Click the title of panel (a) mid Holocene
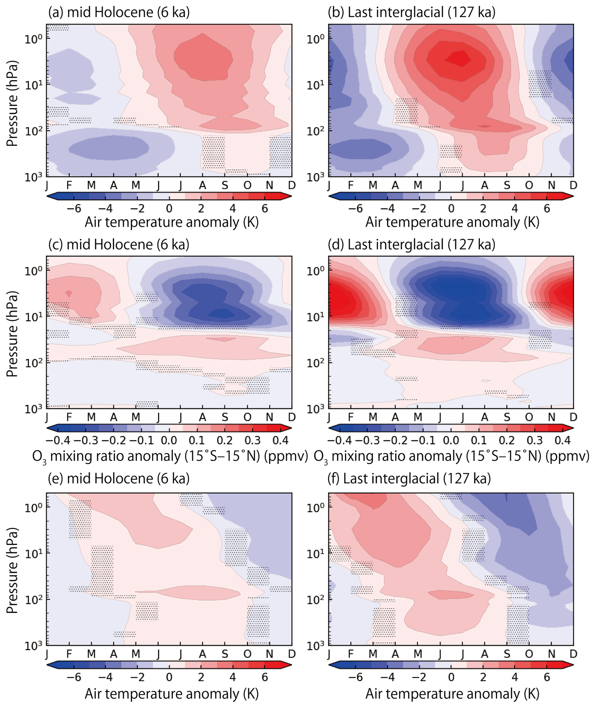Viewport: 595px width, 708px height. pos(119,13)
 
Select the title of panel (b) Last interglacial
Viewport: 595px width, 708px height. pos(412,13)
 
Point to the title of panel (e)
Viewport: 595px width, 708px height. pos(119,479)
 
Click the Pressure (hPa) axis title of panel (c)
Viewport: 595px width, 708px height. pos(12,334)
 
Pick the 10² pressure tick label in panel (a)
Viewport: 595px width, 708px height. pos(33,130)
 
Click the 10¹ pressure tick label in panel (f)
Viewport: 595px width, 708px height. pos(315,554)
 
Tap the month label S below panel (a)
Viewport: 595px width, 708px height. pos(225,185)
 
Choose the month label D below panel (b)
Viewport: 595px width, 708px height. pos(573,185)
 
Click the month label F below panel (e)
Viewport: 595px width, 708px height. pos(69,654)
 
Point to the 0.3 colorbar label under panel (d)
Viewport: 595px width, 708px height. pos(535,440)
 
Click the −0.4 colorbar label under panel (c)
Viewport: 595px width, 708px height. pos(58,440)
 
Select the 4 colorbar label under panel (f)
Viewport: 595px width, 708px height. pos(515,677)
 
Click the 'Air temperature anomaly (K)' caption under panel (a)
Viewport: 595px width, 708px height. pos(171,223)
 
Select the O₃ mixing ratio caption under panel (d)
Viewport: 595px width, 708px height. pos(451,456)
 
